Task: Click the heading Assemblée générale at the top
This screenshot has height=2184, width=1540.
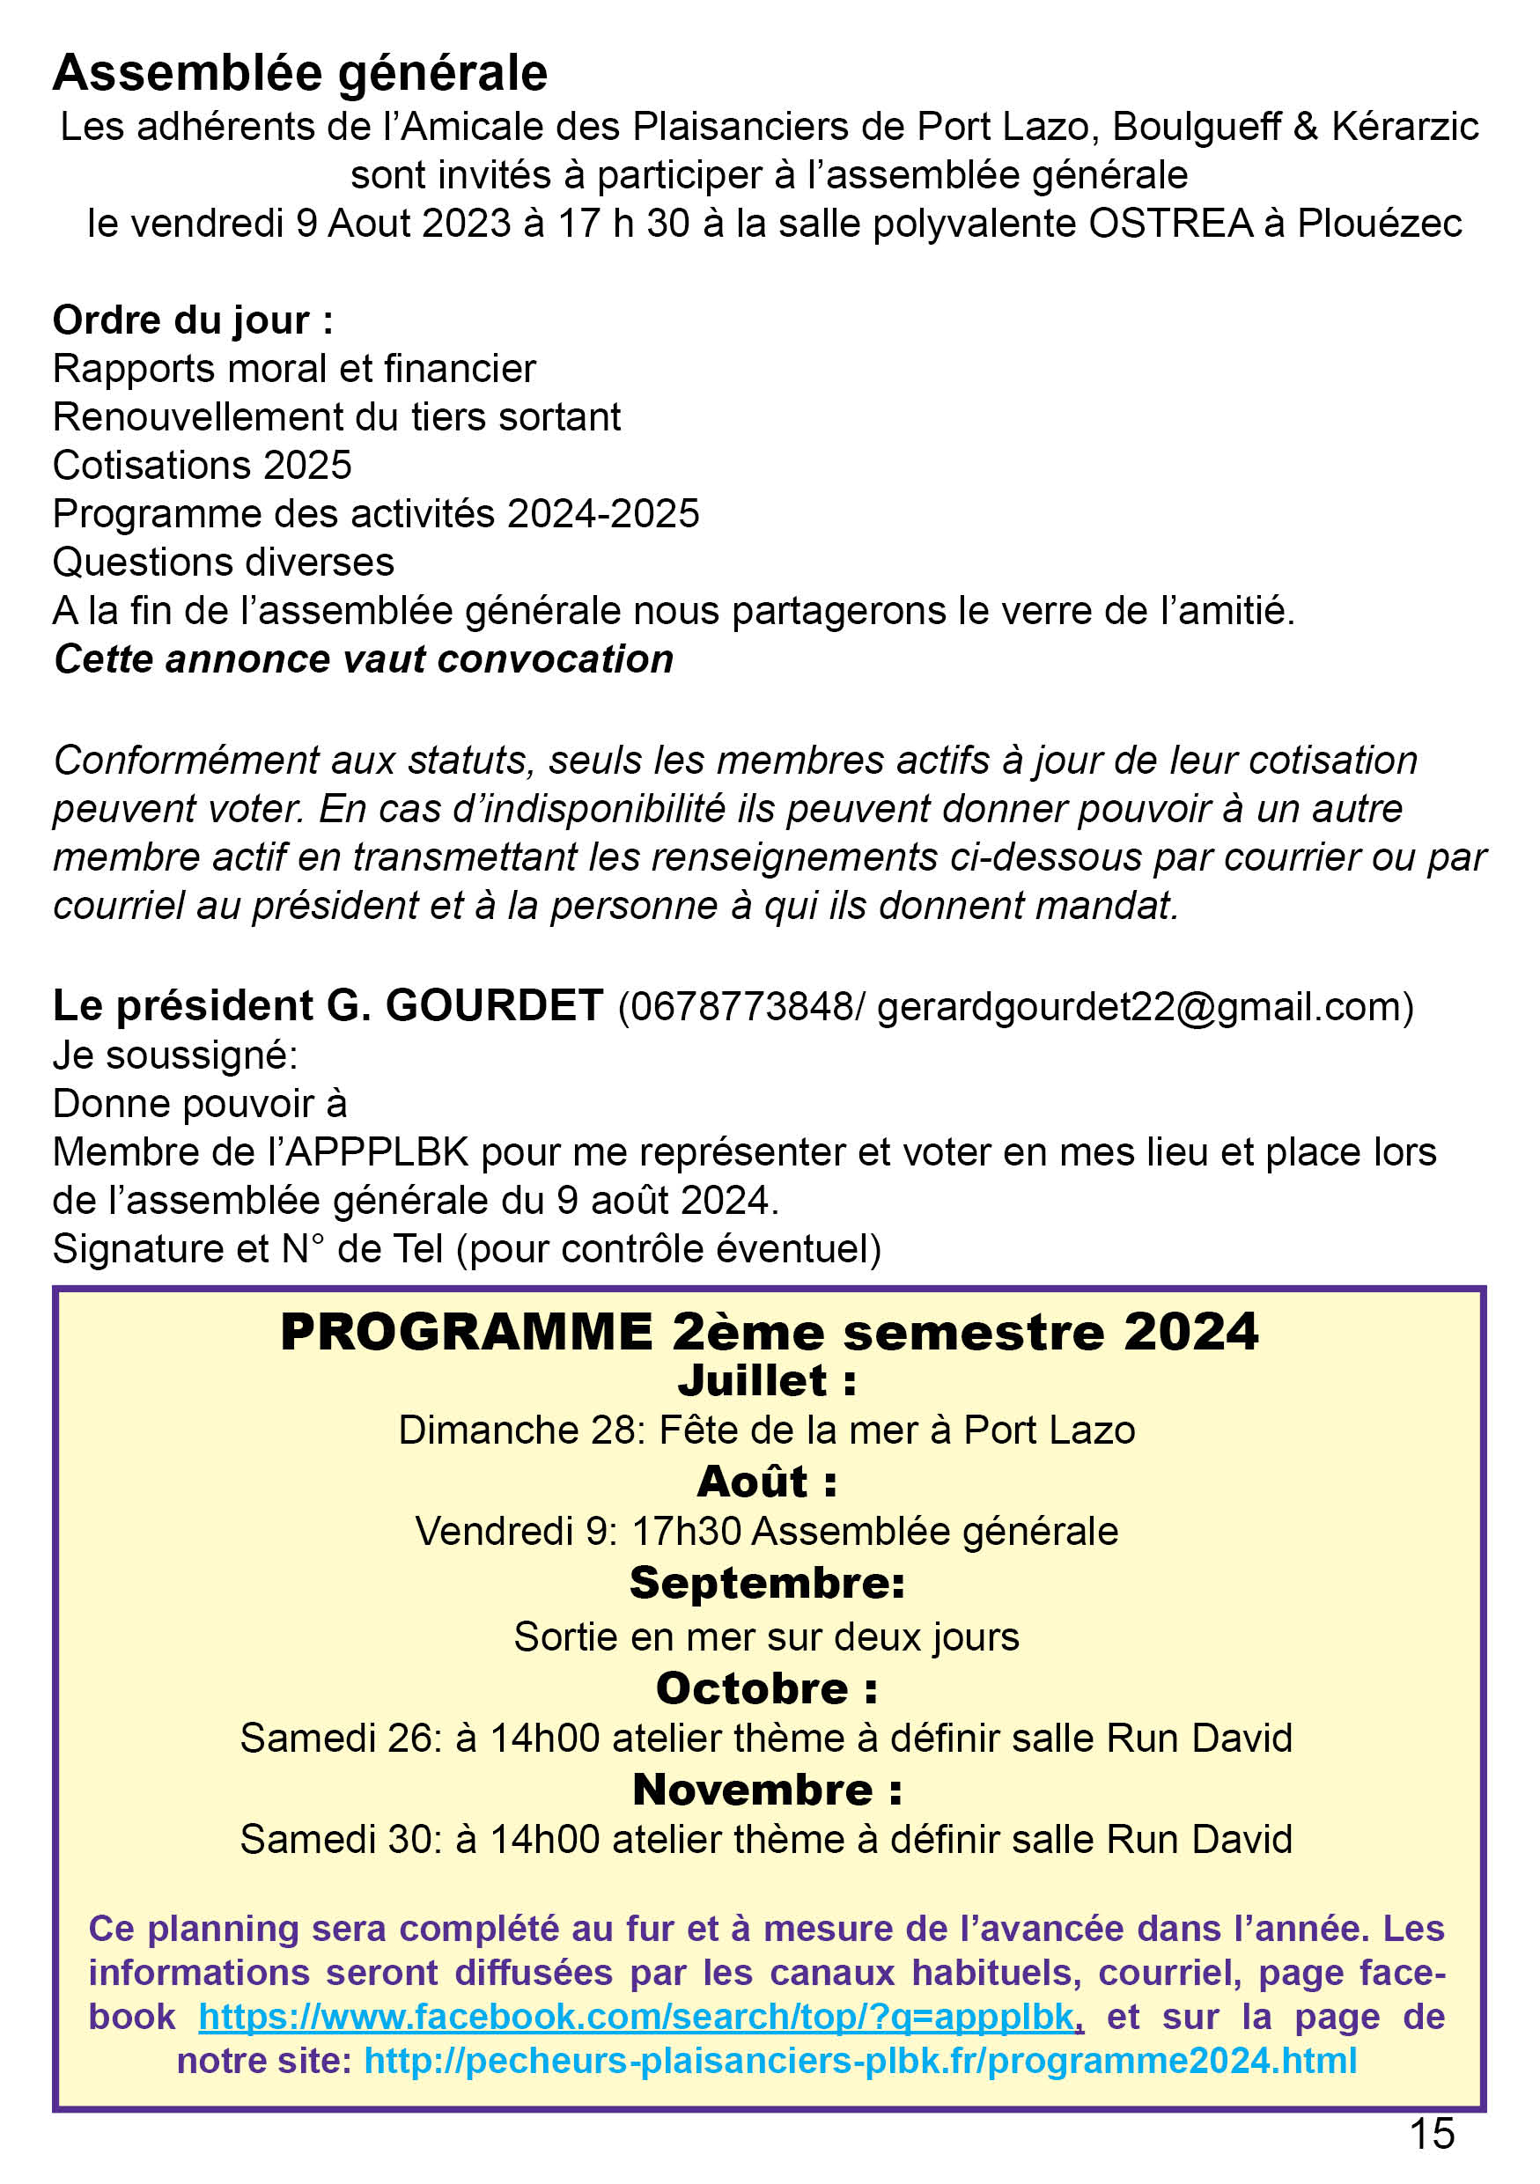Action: (x=299, y=74)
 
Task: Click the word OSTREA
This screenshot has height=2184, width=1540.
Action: (x=1170, y=224)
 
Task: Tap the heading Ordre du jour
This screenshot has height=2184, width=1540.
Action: (x=192, y=320)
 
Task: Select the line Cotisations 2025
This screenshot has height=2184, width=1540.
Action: (x=202, y=465)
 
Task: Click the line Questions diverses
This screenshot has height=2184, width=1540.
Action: (x=224, y=563)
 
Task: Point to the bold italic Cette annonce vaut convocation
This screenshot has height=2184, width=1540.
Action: (x=364, y=659)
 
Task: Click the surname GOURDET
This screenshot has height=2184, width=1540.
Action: (x=494, y=1005)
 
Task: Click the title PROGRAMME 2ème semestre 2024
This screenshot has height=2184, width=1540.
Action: (x=769, y=1332)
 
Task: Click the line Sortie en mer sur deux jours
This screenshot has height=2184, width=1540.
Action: (x=767, y=1637)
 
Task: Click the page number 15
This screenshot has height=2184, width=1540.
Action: (x=1432, y=2133)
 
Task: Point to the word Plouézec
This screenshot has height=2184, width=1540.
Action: (x=1379, y=224)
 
